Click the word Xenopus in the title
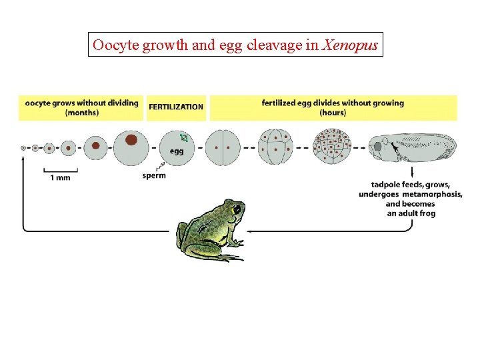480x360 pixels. click(351, 45)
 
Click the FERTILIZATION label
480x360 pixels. click(176, 107)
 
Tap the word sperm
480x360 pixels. click(154, 176)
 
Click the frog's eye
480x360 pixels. click(237, 209)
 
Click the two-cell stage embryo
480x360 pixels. click(223, 147)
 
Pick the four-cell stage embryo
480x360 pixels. click(276, 147)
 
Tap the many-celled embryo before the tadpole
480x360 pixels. click(332, 147)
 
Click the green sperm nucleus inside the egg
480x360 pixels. click(184, 139)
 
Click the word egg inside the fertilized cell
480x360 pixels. click(177, 151)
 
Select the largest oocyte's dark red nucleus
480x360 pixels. click(131, 139)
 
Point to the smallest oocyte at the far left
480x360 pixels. click(23, 147)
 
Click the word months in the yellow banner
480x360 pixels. click(81, 113)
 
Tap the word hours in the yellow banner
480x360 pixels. click(333, 113)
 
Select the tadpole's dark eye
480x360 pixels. click(378, 146)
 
